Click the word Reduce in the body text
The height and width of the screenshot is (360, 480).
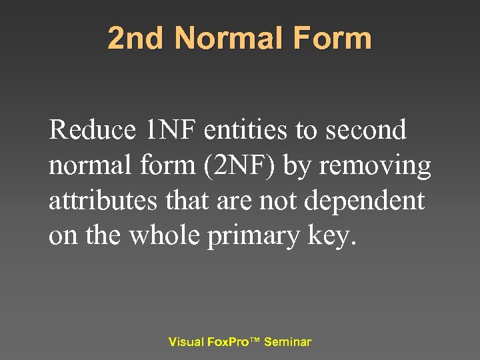(93, 129)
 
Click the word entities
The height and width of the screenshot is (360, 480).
(246, 129)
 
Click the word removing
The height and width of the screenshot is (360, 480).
(375, 165)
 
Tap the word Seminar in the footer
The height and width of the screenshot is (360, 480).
(287, 342)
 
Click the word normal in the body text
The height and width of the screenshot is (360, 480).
(87, 165)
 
